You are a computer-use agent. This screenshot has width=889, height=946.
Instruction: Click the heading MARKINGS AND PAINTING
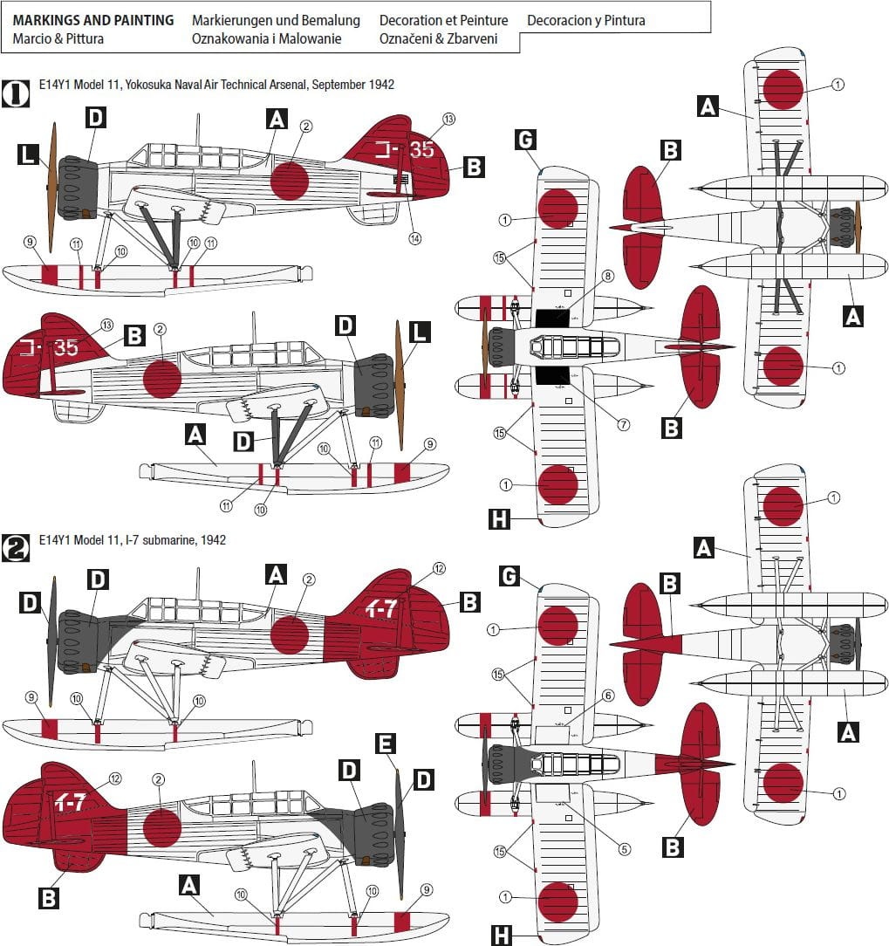pos(92,20)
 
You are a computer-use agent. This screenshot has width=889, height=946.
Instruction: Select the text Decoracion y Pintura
pos(585,21)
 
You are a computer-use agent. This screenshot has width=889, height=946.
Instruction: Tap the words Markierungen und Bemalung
pos(276,21)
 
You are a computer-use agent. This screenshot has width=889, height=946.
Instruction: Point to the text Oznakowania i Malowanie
pos(266,38)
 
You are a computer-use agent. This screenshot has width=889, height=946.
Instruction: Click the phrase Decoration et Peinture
pos(443,20)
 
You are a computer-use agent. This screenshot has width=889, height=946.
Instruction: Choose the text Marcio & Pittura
pos(58,38)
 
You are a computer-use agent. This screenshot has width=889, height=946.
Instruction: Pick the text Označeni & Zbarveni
pos(438,38)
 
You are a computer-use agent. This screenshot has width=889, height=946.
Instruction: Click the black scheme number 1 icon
pos(15,93)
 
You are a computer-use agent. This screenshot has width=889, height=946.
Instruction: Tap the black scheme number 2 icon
pos(15,548)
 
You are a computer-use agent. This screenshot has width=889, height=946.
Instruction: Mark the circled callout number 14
pos(415,238)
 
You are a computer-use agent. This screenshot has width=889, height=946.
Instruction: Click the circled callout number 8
pos(607,277)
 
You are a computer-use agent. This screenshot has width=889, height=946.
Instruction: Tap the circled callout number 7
pos(624,425)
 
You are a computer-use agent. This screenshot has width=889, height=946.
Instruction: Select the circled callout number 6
pos(608,696)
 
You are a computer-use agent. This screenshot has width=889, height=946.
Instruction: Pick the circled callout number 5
pos(625,849)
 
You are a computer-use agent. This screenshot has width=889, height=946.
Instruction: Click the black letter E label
pos(386,744)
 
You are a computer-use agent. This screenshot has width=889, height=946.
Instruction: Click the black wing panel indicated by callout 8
pos(552,319)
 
